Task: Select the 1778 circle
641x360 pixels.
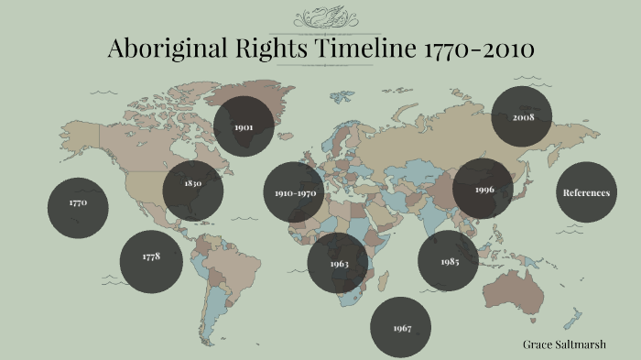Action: [x=151, y=257]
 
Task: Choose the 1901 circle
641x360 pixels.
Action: [x=244, y=125]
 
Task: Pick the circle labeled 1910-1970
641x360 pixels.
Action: [x=295, y=193]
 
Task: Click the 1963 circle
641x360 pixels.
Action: [x=339, y=264]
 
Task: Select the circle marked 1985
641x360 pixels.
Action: [x=449, y=262]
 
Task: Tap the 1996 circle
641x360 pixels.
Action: [x=484, y=189]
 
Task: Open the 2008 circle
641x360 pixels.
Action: [x=523, y=118]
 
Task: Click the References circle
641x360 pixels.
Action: [x=586, y=192]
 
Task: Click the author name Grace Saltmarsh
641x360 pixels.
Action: [x=568, y=344]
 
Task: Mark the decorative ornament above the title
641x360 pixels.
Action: [x=320, y=17]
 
